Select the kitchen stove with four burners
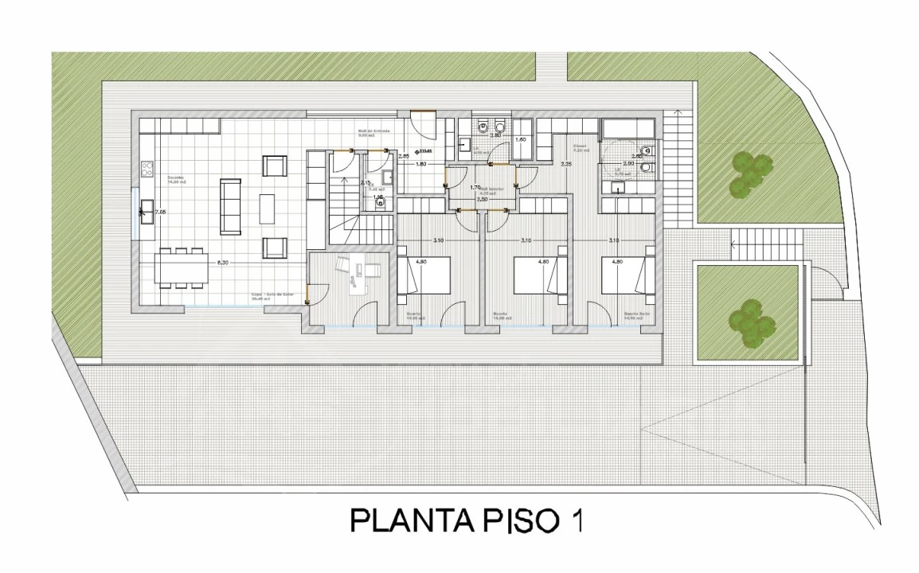coord(147,169)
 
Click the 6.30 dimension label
coord(222,263)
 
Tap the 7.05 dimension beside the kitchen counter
coord(160,212)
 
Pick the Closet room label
coord(580,147)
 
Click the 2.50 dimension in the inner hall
coord(483,199)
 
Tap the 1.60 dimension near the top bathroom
coord(521,140)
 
